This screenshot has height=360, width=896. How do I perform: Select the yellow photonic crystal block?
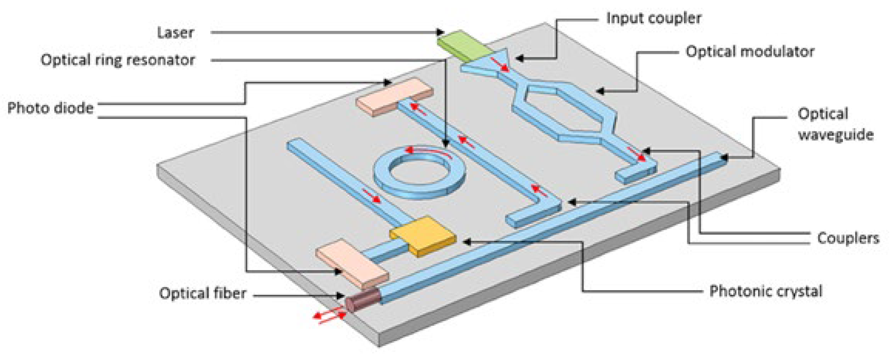point(422,236)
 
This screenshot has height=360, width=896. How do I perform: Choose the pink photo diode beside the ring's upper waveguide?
point(394,97)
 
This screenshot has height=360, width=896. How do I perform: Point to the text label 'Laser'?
point(176,33)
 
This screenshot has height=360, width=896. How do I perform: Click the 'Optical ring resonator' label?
point(118,60)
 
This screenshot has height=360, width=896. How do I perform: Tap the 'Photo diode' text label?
point(51,108)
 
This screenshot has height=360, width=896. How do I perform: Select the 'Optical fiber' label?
point(203,293)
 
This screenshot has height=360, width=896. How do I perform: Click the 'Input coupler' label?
point(654,18)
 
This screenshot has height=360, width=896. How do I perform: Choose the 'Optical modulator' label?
point(750,52)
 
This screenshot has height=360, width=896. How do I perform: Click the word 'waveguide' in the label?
point(836,135)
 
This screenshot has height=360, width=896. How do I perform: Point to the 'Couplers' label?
point(848,238)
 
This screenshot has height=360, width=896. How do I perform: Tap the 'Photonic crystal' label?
point(766,291)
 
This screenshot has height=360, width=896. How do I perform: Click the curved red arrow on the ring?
point(428,150)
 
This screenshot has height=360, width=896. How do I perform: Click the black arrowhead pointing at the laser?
point(440,32)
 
